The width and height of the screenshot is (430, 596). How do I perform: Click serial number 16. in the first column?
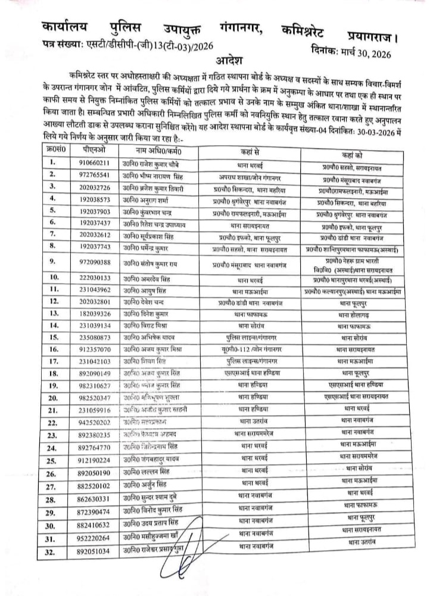tap(54, 350)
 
